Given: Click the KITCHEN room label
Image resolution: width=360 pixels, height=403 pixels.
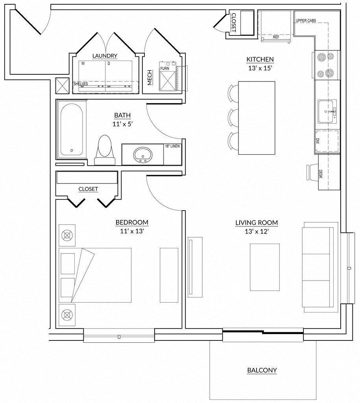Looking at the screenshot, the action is tap(260, 59).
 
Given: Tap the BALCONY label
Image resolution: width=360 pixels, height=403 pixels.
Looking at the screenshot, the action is tap(262, 370).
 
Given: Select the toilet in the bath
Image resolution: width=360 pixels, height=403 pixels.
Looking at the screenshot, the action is tap(105, 150).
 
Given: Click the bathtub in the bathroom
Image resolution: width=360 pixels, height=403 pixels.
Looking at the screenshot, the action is tap(72, 129).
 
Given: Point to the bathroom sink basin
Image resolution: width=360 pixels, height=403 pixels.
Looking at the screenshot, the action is tap(142, 155).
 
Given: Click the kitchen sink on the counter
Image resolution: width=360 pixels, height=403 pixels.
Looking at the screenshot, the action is tap(327, 111).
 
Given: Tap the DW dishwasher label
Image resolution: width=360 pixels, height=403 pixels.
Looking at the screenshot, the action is tap(318, 141).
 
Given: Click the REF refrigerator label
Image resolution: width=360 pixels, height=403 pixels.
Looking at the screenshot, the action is tap(276, 37).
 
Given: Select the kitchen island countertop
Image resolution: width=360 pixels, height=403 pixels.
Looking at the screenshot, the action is tap(257, 118).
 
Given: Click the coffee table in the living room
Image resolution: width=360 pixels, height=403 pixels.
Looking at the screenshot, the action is tap(265, 267).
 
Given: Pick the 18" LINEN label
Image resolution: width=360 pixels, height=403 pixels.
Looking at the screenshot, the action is tap(172, 146).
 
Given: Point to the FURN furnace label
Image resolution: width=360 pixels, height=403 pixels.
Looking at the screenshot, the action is tap(165, 68).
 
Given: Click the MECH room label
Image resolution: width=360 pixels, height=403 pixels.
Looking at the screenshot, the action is tap(150, 78).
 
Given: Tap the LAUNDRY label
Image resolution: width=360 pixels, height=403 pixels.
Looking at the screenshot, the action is tap(105, 56).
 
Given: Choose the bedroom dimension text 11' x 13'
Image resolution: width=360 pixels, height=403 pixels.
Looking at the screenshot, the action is tap(131, 231).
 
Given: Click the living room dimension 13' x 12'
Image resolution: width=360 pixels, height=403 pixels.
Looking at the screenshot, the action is tap(257, 231).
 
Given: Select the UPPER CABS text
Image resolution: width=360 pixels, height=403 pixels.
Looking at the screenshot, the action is tap(306, 20).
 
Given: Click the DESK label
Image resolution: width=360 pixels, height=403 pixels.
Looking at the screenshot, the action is tap(320, 174).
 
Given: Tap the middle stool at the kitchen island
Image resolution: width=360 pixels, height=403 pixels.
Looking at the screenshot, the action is tap(234, 117).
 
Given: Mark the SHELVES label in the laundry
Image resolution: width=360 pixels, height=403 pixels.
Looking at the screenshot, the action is tap(81, 84).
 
